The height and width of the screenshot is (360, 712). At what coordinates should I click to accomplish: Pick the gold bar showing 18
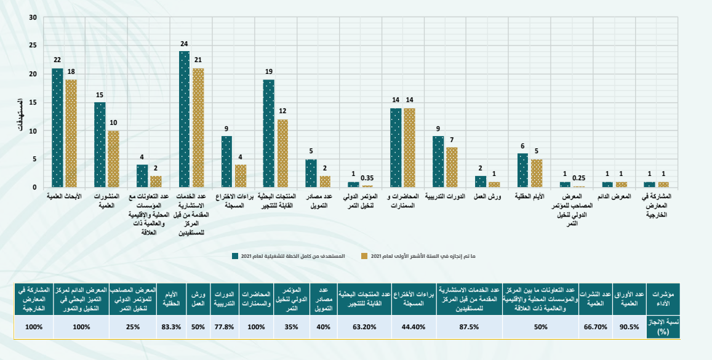71,133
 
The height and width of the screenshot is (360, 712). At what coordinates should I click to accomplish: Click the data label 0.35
368,178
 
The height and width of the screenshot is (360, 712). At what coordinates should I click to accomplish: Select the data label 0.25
578,178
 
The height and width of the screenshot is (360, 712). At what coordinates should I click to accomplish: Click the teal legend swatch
234,255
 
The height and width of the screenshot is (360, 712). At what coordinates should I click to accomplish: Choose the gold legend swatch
364,255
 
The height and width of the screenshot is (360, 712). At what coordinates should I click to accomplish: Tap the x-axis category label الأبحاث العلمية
64,196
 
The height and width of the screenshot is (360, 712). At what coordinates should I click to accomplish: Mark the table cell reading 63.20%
364,327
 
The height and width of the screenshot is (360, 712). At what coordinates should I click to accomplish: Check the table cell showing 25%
132,327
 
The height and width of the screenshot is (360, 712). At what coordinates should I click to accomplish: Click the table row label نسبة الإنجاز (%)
663,327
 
